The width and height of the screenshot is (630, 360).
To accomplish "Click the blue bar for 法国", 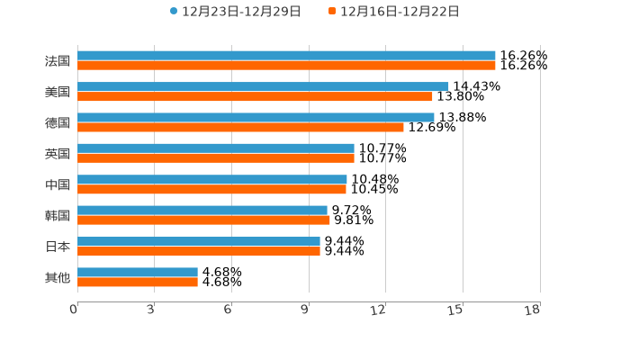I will pos(286,56).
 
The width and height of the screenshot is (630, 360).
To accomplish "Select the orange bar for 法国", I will pos(286,66).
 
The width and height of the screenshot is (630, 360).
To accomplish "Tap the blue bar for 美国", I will pos(263,86).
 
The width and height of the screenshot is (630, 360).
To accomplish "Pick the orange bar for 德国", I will pos(240,127).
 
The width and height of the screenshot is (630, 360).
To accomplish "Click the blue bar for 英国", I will pos(216,148).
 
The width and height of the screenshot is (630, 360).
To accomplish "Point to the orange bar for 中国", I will pos(211,189).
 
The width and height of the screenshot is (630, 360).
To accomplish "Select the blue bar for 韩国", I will pos(202,210).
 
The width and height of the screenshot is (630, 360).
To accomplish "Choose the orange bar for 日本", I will pos(199,251).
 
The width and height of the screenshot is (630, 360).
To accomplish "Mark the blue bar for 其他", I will pos(138,272).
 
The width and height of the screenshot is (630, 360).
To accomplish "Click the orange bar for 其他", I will pos(138,282).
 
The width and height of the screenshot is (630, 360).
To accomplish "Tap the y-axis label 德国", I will pos(58,122).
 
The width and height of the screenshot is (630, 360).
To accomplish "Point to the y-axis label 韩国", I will pos(58,215).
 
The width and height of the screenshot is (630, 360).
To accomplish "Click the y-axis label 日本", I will pos(58,246).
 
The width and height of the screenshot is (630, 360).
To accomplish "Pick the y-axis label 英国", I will pos(58,153).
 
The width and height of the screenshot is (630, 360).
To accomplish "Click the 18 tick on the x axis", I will pos(533,310).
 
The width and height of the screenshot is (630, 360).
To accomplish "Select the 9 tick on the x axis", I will pos(305,310).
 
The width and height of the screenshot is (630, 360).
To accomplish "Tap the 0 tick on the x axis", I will pos(74,310).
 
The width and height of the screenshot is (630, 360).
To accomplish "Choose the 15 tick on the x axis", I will pos(456,310).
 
